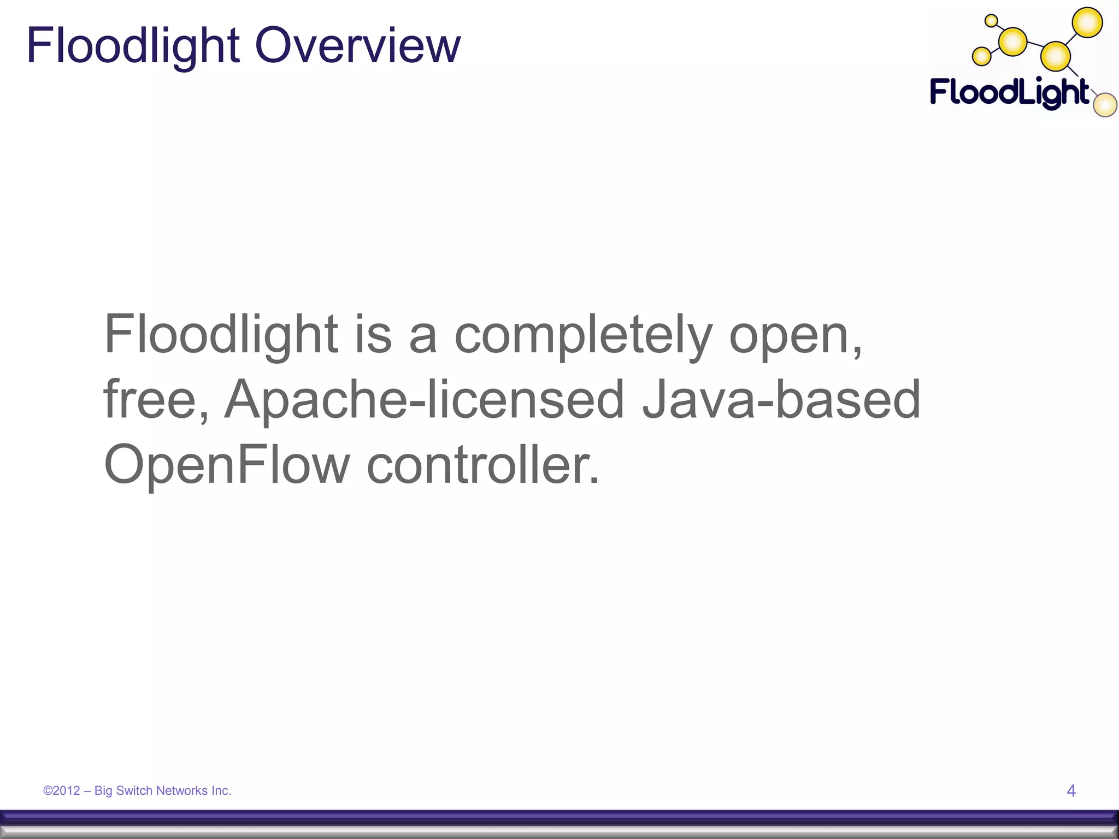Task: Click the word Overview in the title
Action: point(357,46)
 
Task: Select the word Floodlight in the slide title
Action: point(133,46)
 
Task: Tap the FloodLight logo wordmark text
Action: point(1010,93)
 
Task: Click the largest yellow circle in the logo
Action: point(1087,23)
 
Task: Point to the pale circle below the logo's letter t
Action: point(1105,105)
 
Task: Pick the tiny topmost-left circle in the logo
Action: point(991,21)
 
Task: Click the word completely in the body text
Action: point(583,335)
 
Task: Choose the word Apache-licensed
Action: point(424,400)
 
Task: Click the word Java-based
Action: point(781,400)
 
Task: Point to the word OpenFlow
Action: point(226,465)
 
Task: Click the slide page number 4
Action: point(1071,790)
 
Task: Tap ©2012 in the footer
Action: point(62,790)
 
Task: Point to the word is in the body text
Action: point(374,335)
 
